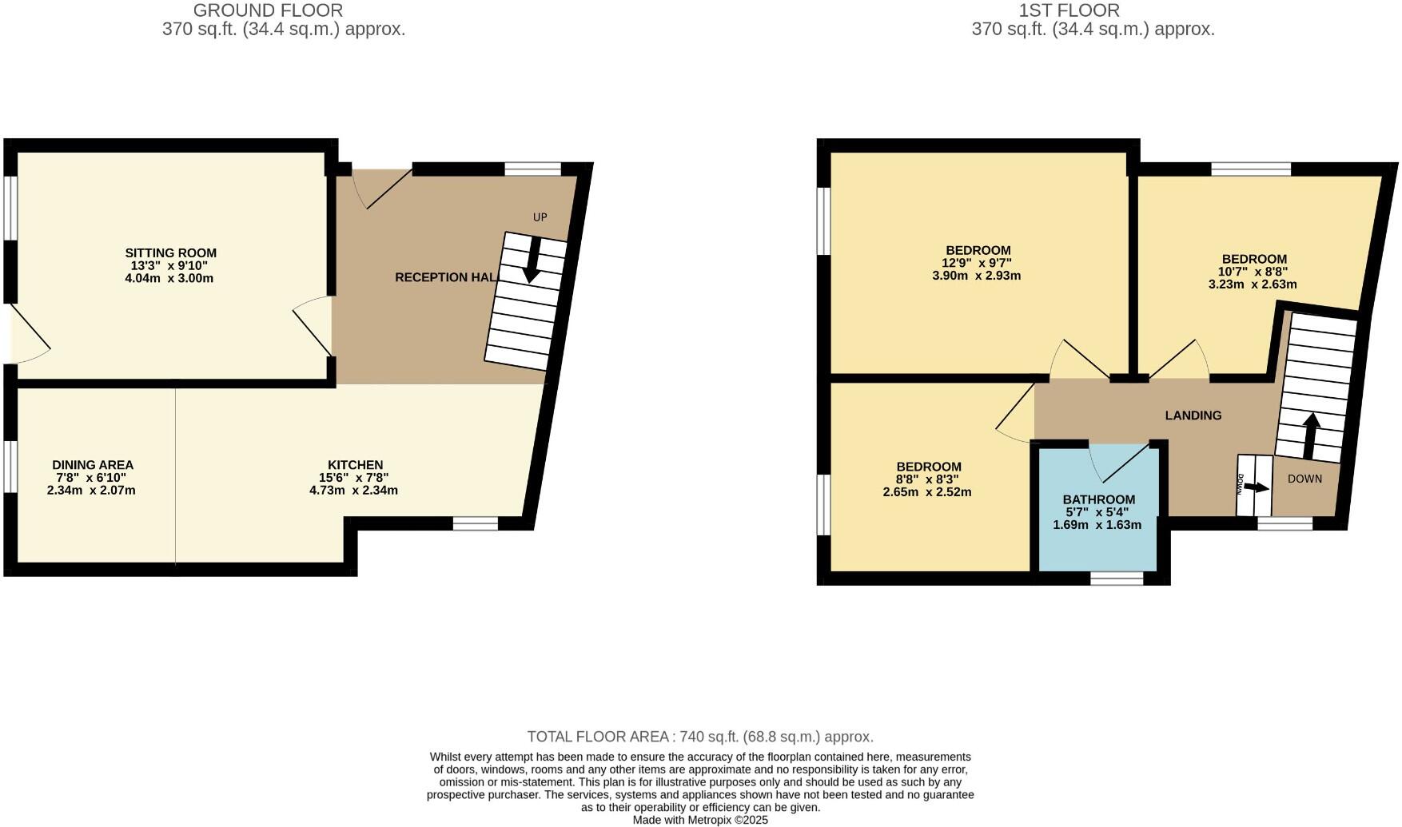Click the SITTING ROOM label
click(x=170, y=253)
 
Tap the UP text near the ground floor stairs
click(x=540, y=217)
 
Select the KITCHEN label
click(x=355, y=465)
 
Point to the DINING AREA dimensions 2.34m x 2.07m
click(x=91, y=491)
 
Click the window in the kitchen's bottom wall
click(x=475, y=524)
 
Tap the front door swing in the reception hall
click(x=382, y=186)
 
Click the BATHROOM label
click(x=1098, y=500)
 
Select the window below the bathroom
click(x=1117, y=579)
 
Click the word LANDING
click(x=1193, y=415)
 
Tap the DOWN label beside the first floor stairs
click(x=1304, y=479)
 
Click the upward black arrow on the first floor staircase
click(x=1311, y=435)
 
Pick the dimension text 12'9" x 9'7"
click(x=977, y=263)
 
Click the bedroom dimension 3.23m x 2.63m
click(x=1252, y=284)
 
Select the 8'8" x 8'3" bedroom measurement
click(x=927, y=479)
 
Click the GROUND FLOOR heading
click(x=268, y=10)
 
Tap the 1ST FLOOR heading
click(x=1069, y=10)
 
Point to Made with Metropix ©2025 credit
click(x=700, y=820)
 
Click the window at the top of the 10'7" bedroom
click(x=1251, y=169)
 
